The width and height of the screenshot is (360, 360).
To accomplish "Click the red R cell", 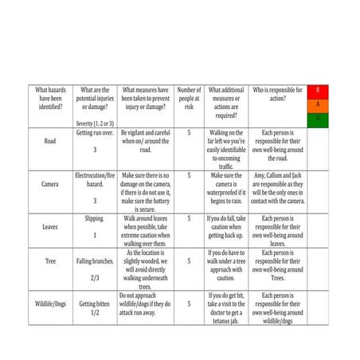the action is click(x=318, y=91).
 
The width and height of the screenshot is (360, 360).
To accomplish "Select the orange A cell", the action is click(x=318, y=104).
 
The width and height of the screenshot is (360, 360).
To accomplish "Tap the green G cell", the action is click(x=318, y=118).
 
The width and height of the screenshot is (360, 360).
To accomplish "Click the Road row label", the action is click(x=50, y=140).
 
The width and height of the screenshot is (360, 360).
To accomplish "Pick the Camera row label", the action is click(x=50, y=183).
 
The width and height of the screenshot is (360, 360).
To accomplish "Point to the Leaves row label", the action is click(x=50, y=226).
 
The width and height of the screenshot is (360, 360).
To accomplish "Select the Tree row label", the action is click(x=50, y=260).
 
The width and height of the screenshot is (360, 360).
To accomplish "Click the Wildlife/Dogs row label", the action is click(x=50, y=303).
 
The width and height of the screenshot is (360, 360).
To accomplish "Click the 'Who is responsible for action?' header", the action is click(x=277, y=94).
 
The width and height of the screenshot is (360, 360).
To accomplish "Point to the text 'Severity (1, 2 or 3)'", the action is click(x=95, y=123).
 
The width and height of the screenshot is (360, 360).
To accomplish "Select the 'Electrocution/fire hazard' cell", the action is click(x=95, y=178).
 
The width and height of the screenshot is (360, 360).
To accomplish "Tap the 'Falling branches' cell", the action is click(x=95, y=260).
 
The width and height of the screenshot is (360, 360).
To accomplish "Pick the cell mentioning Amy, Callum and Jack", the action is click(x=277, y=188).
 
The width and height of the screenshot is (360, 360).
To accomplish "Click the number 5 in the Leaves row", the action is click(x=189, y=217).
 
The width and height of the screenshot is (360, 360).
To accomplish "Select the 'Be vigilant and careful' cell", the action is click(x=145, y=140).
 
